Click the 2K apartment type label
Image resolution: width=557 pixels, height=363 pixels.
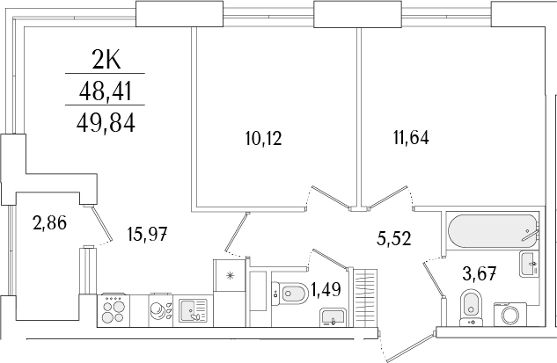click(x=106, y=61)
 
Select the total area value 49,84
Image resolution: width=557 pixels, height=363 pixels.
click(x=106, y=123)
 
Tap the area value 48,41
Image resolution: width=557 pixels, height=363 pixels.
click(x=106, y=91)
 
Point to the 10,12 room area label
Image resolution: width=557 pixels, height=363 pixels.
click(x=263, y=138)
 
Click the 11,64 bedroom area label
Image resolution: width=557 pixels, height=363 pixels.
click(x=411, y=137)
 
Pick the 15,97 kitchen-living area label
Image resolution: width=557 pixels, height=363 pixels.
click(x=147, y=234)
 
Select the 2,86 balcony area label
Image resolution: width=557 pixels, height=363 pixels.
click(x=49, y=223)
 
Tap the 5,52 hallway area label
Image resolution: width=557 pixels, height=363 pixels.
click(x=394, y=238)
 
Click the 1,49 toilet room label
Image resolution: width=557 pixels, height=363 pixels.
click(x=326, y=289)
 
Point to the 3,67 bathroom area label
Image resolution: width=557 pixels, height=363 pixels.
click(x=480, y=274)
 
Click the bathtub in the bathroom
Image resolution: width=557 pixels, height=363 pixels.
click(x=494, y=232)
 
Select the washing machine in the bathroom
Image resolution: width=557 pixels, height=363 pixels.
click(x=510, y=314)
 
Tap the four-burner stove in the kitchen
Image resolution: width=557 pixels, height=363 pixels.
click(x=114, y=310)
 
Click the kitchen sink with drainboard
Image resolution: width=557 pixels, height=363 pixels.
click(x=193, y=310)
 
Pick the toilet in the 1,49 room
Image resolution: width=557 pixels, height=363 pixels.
click(x=289, y=293)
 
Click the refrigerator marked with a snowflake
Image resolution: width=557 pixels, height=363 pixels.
click(x=230, y=275)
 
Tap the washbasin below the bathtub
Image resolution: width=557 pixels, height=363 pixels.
click(x=529, y=264)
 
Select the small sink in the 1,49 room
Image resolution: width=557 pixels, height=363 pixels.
click(x=332, y=317)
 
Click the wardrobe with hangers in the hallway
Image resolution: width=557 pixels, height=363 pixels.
click(x=365, y=297)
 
